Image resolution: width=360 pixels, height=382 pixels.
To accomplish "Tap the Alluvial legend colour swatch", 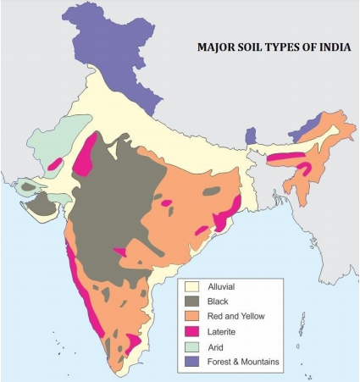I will [x=192, y=287].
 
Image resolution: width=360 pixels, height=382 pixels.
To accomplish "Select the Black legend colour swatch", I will [x=192, y=302].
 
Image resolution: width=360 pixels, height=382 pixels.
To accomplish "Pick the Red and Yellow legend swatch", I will [x=192, y=316].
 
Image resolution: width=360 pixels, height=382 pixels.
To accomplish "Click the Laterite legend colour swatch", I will [x=192, y=331].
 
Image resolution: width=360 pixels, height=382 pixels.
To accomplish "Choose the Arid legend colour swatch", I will [x=192, y=346].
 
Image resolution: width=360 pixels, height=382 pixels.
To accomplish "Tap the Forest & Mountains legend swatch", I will [x=192, y=362].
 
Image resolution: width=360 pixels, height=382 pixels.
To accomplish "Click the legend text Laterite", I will [x=224, y=331].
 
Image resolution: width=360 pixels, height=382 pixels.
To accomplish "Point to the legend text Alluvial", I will [x=224, y=287].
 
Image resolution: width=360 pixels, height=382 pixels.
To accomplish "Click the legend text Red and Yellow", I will [x=236, y=316].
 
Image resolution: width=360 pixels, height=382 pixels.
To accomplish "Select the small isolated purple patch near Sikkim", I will [x=251, y=136].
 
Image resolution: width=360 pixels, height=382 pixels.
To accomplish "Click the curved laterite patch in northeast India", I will [x=302, y=168].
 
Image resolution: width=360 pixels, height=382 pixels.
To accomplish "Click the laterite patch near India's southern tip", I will [x=132, y=343].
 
